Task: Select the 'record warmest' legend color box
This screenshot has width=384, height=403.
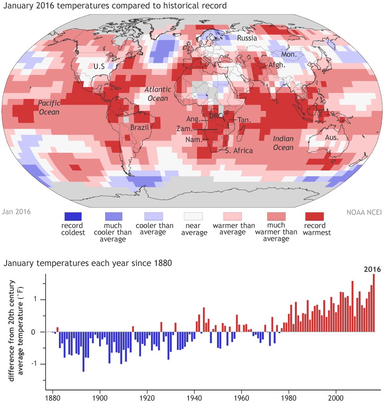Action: (x=314, y=216)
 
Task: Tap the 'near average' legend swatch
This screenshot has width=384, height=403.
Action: (x=194, y=216)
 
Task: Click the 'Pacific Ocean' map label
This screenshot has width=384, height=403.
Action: (x=49, y=107)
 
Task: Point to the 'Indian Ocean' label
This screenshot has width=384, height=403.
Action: (x=283, y=143)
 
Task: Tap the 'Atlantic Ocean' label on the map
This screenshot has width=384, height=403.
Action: (x=157, y=94)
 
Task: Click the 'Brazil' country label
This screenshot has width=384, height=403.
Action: (x=139, y=127)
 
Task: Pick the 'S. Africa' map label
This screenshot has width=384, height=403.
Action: (x=239, y=151)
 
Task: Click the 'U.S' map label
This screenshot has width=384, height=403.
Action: (x=99, y=66)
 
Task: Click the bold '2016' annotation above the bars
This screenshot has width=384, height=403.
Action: (x=372, y=269)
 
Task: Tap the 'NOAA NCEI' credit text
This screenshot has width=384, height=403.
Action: (x=364, y=211)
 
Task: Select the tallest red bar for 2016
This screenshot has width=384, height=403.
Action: (x=374, y=303)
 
